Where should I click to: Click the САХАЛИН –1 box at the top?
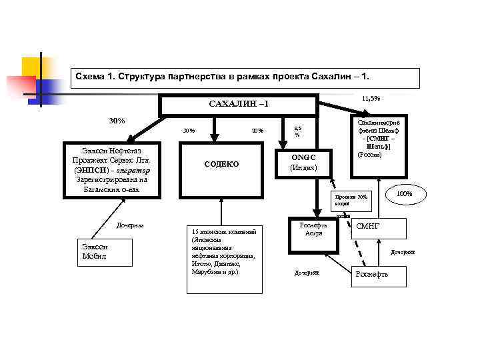click(x=238, y=105)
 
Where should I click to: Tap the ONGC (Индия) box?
click(x=303, y=162)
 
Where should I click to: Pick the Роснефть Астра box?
click(x=313, y=229)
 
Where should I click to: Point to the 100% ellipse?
click(x=404, y=193)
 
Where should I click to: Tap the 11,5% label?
click(x=371, y=98)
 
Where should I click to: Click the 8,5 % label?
click(x=298, y=131)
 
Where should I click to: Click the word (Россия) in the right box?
click(x=369, y=155)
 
